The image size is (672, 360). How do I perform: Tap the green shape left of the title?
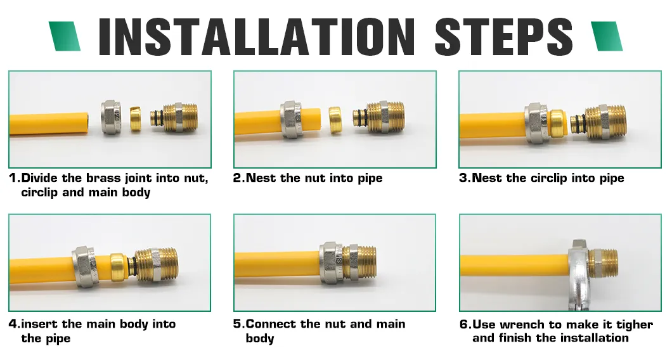(65, 36)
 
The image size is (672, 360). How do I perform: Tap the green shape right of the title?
(607, 36)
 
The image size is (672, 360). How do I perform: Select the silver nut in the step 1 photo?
(112, 117)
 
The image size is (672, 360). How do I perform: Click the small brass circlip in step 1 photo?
(136, 119)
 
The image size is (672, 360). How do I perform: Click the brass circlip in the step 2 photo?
(335, 119)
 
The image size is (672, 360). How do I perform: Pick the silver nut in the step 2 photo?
(292, 120)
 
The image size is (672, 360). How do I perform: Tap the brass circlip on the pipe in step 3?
(559, 122)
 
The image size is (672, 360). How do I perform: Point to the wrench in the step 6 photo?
(578, 274)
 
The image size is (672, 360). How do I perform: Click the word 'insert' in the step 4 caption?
(40, 324)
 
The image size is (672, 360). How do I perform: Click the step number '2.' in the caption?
(239, 178)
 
